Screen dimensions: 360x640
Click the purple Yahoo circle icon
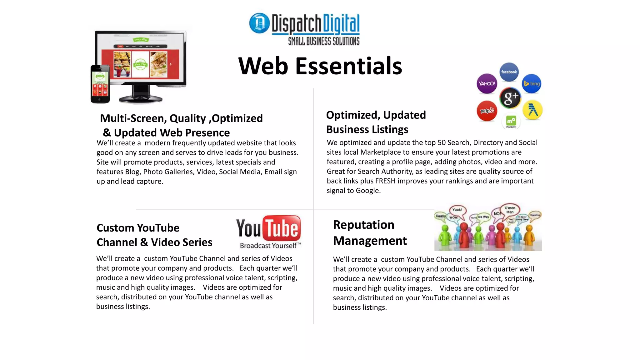click(x=487, y=83)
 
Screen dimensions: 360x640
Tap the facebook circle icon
click(x=509, y=72)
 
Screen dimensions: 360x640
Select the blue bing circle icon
click(x=532, y=84)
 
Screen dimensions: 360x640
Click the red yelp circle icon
click(x=487, y=111)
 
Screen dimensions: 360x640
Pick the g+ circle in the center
click(x=510, y=97)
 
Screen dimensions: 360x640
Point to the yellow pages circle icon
click(x=532, y=110)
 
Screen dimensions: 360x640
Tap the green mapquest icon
click(x=511, y=121)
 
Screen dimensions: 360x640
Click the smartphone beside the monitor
click(x=100, y=84)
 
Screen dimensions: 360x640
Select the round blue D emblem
click(x=259, y=23)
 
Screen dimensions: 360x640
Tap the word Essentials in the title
click(x=348, y=66)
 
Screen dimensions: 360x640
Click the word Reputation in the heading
click(x=363, y=225)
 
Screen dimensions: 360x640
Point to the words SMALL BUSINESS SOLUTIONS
click(x=324, y=41)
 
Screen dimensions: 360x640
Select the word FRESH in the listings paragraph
click(x=385, y=181)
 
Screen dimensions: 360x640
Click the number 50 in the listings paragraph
click(x=442, y=142)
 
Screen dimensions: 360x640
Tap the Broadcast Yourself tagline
click(x=270, y=246)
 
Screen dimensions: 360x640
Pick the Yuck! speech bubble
click(x=457, y=210)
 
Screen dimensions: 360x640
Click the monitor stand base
click(x=141, y=99)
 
